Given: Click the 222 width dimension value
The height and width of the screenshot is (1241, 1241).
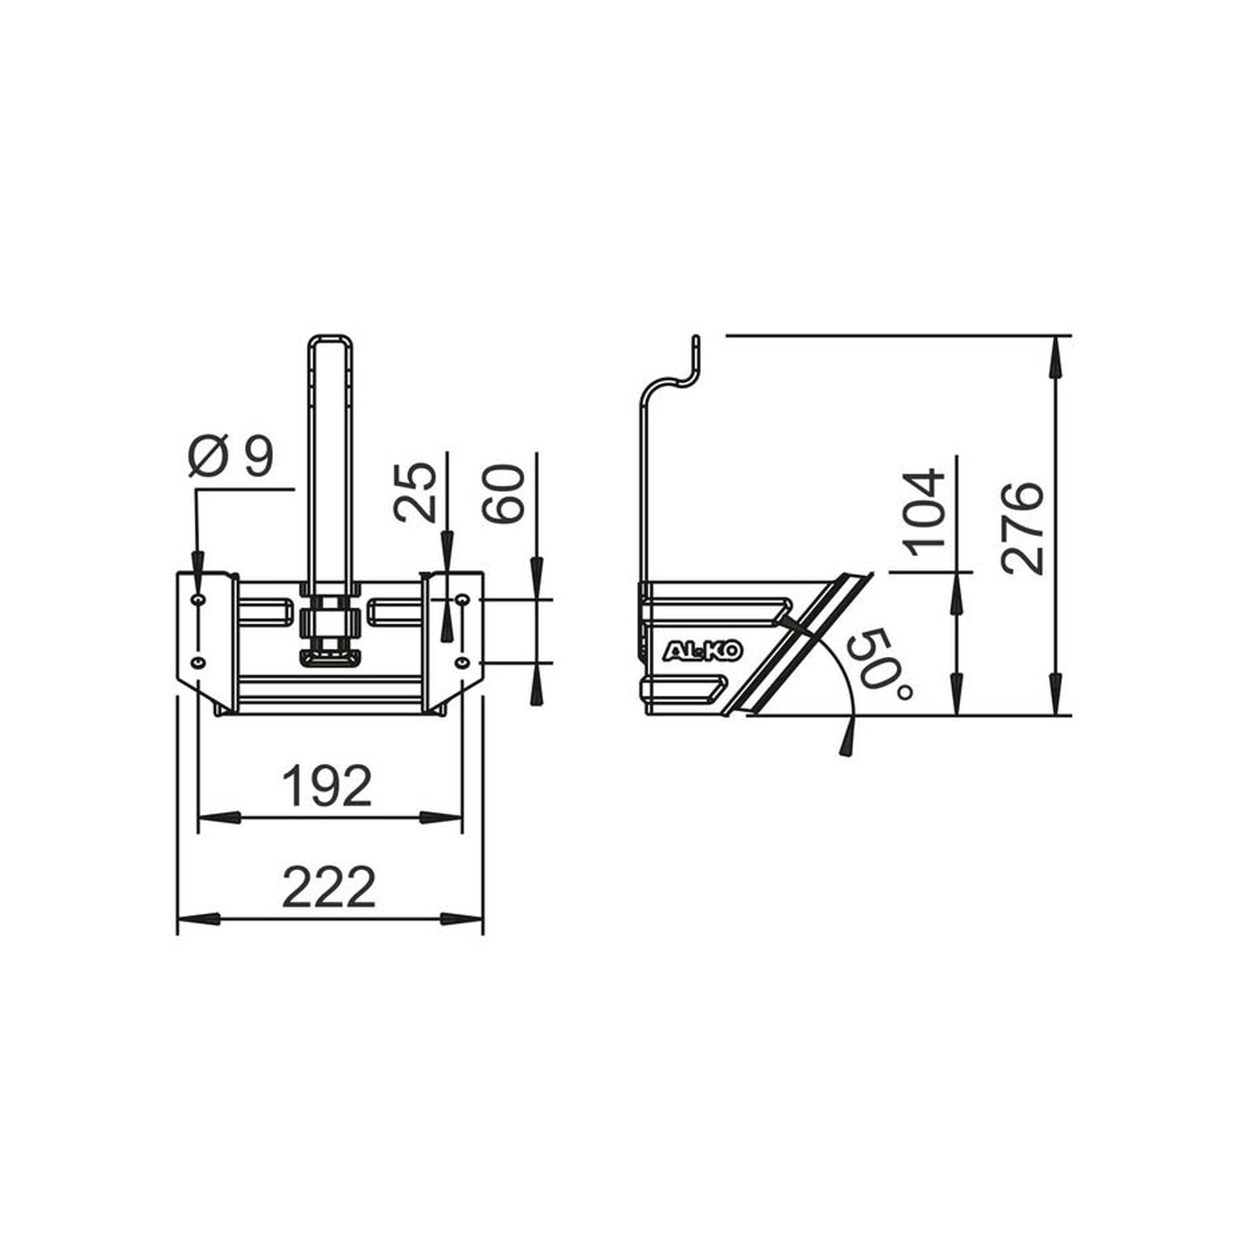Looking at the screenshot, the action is (329, 887).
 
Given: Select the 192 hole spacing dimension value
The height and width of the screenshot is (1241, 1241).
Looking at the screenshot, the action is (327, 786).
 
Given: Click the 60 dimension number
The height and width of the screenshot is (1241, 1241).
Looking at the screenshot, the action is (503, 493).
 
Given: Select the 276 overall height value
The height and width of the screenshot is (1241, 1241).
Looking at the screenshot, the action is (1022, 527).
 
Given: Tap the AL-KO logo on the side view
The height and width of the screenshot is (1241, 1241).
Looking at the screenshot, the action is (703, 651).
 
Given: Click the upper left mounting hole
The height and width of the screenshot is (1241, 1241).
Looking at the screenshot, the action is (199, 600).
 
